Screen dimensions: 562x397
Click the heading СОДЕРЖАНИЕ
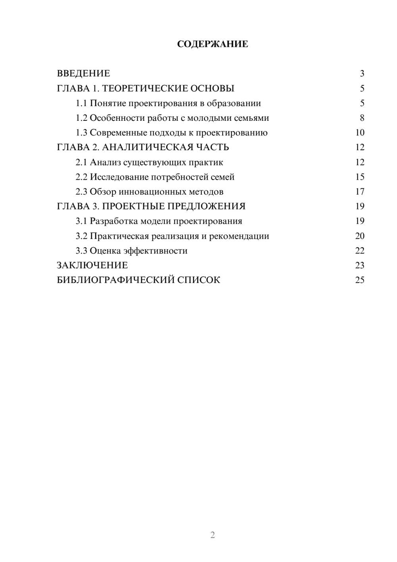coord(212,44)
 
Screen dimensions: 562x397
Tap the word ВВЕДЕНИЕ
coord(83,74)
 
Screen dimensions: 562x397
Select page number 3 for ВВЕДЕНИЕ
coord(362,74)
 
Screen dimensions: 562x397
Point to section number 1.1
coord(81,103)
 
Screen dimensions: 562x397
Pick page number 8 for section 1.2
coord(362,118)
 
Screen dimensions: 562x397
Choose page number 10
coord(360,133)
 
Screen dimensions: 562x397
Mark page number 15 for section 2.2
coord(360,177)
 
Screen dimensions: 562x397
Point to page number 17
coord(360,192)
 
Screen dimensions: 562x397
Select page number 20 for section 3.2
coord(360,236)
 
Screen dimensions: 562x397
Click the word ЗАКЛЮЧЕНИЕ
coord(92,265)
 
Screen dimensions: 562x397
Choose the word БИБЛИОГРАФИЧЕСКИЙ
coord(115,280)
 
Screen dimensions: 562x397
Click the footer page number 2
coord(212,535)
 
